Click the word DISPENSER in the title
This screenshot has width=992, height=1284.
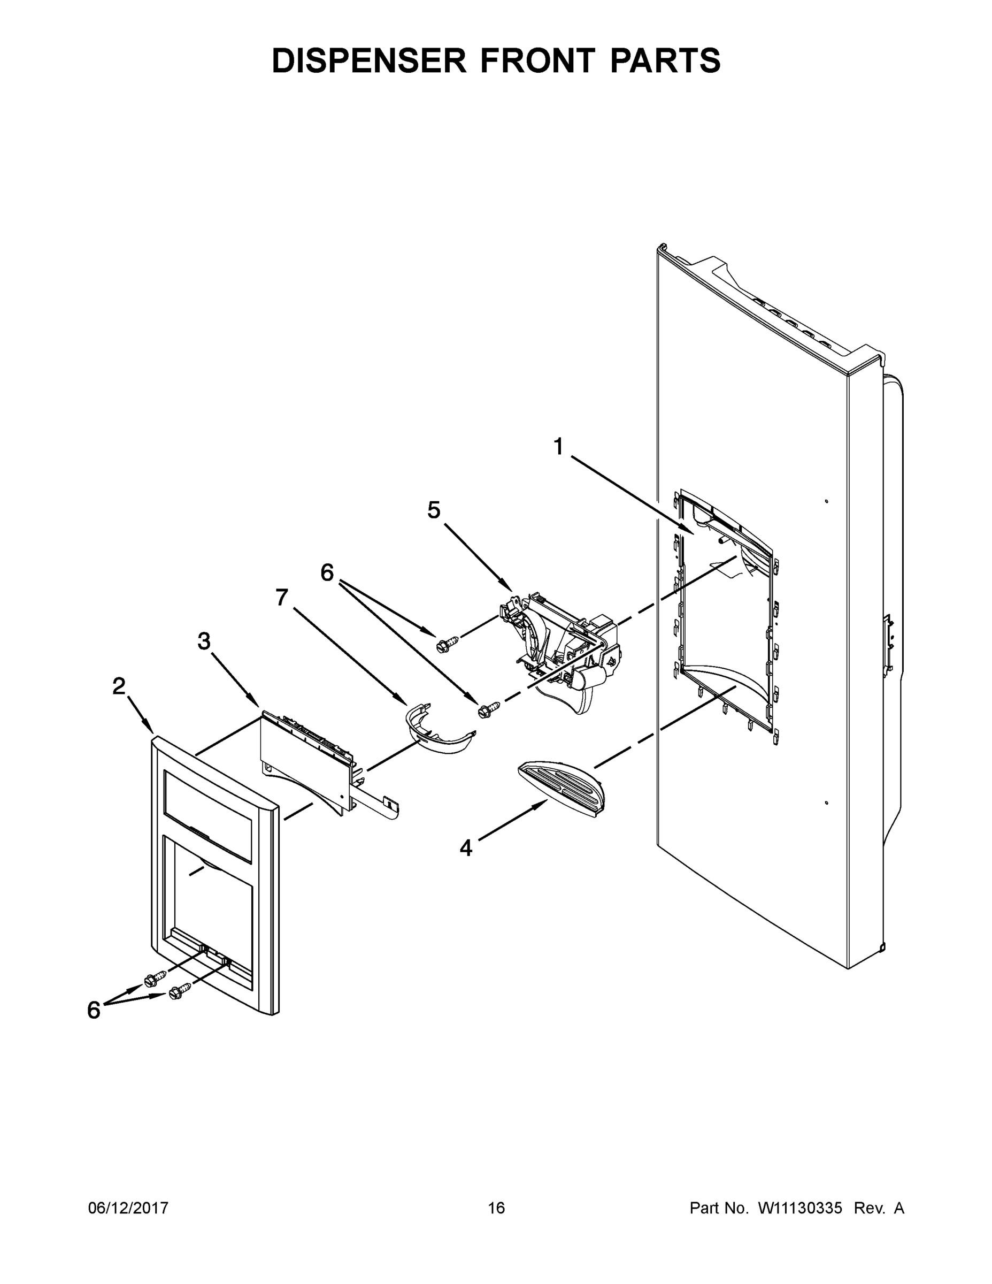tap(368, 61)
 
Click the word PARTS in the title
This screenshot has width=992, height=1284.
tap(665, 61)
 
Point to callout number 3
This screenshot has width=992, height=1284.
tap(204, 641)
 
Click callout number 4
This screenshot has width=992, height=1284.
tap(465, 848)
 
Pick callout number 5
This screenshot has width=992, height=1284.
tap(434, 510)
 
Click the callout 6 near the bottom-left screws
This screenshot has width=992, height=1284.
tap(94, 1010)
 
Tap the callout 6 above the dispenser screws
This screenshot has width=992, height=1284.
tap(327, 572)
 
